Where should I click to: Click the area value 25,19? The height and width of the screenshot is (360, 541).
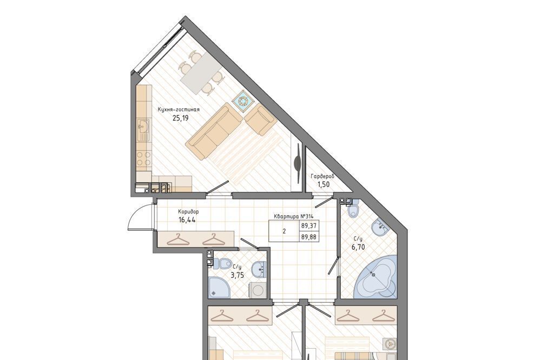180,118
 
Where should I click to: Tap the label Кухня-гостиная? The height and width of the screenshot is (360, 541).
179,110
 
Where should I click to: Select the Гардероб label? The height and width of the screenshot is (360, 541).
322,177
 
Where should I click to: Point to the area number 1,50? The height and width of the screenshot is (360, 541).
324,184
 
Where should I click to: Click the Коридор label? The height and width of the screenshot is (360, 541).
188,212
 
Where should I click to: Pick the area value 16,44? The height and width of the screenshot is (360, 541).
187,219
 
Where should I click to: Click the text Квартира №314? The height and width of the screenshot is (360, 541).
293,216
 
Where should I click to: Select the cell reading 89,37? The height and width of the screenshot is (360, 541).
309,226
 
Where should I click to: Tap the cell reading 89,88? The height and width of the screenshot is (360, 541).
309,237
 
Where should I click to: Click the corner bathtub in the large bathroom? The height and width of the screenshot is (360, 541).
376,277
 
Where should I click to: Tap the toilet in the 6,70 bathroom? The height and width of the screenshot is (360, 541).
353,210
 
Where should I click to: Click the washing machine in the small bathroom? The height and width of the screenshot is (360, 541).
257,290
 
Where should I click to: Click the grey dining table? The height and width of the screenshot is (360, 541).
200,73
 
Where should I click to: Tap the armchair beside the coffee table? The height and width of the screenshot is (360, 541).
260,121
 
